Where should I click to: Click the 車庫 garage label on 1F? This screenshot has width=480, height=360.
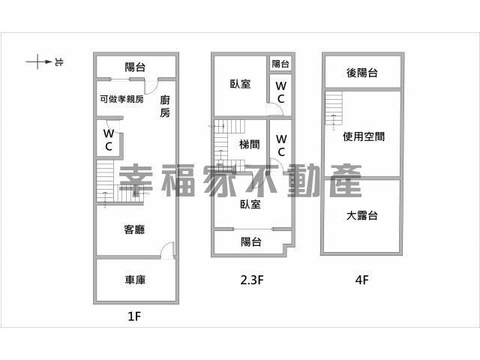click(x=135, y=280)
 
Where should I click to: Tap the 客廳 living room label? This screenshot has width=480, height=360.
click(x=134, y=229)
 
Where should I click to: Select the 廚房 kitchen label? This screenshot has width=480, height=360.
click(x=165, y=106)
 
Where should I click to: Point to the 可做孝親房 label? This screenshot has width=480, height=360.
click(x=121, y=99)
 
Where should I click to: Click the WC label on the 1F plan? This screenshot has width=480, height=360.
click(x=109, y=140)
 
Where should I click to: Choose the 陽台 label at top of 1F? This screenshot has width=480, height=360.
click(x=135, y=67)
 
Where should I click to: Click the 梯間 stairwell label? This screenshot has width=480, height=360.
click(x=250, y=144)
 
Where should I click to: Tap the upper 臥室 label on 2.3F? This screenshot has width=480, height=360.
click(x=240, y=84)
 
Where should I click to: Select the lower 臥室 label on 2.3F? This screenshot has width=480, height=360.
click(x=250, y=204)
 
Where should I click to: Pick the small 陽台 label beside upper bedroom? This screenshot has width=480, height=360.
click(x=280, y=64)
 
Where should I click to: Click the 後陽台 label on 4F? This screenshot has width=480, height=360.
click(x=361, y=73)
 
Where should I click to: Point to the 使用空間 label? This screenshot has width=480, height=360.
click(x=364, y=136)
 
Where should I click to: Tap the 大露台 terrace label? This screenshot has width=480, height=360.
click(x=361, y=215)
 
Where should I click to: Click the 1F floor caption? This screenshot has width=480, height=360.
click(x=134, y=316)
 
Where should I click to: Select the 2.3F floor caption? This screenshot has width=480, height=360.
click(x=252, y=280)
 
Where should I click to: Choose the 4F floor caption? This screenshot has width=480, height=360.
click(x=361, y=280)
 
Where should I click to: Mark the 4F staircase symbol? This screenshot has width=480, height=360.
click(x=334, y=108)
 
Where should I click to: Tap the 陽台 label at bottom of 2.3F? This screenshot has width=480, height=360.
click(x=251, y=241)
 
